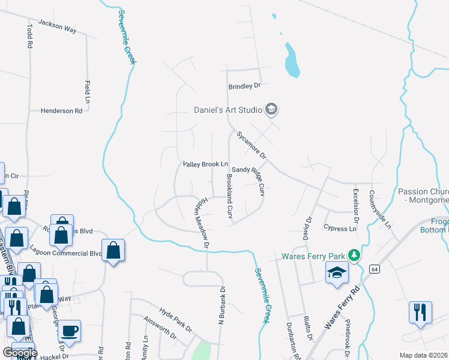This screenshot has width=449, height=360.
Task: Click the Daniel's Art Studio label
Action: tap(228, 110)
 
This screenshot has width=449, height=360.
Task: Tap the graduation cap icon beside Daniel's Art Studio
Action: tap(271, 109)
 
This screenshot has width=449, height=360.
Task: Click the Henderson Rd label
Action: tap(61, 111)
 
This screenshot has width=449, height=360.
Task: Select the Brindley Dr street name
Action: tap(244, 86)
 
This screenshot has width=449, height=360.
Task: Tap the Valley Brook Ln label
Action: tap(205, 164)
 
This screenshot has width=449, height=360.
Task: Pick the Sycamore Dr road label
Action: tap(251, 145)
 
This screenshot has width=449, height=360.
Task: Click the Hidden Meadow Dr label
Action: tap(200, 221)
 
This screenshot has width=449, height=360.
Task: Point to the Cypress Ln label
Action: tap(336, 229)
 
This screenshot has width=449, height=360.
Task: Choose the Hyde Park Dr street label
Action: tap(175, 320)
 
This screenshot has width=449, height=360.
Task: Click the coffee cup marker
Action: tap(70, 330)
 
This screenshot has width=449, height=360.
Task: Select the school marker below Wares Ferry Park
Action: tap(337, 272)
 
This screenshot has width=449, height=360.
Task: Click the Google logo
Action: tap(19, 353)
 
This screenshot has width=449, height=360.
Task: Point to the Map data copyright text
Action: tap(423, 355)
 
